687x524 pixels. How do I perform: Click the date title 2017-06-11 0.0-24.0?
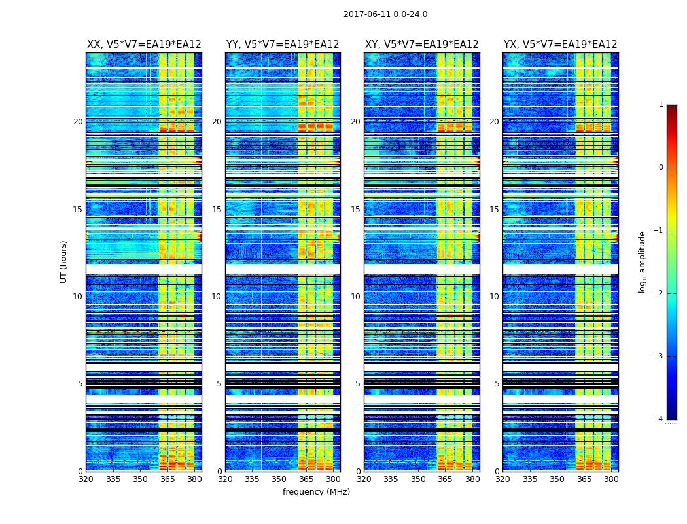[385, 14]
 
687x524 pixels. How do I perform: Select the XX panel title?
[144, 45]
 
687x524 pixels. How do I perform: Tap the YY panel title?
[283, 45]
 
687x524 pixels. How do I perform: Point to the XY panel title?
[421, 45]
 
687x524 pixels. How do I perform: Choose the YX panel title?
[560, 45]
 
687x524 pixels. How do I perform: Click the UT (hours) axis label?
[64, 261]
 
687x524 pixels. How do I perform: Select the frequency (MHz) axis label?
[316, 492]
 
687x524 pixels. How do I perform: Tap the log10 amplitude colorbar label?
[643, 261]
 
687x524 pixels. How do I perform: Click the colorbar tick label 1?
[661, 105]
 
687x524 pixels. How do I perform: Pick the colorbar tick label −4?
[659, 419]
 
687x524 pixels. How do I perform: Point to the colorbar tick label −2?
[659, 293]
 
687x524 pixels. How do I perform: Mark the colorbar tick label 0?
[661, 168]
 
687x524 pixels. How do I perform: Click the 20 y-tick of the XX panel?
[78, 122]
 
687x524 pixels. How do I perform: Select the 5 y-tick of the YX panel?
[497, 384]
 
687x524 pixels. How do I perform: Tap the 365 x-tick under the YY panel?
[306, 479]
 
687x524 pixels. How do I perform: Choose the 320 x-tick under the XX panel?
[86, 479]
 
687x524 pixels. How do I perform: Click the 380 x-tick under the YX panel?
[611, 479]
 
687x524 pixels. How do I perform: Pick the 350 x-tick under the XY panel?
[418, 479]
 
